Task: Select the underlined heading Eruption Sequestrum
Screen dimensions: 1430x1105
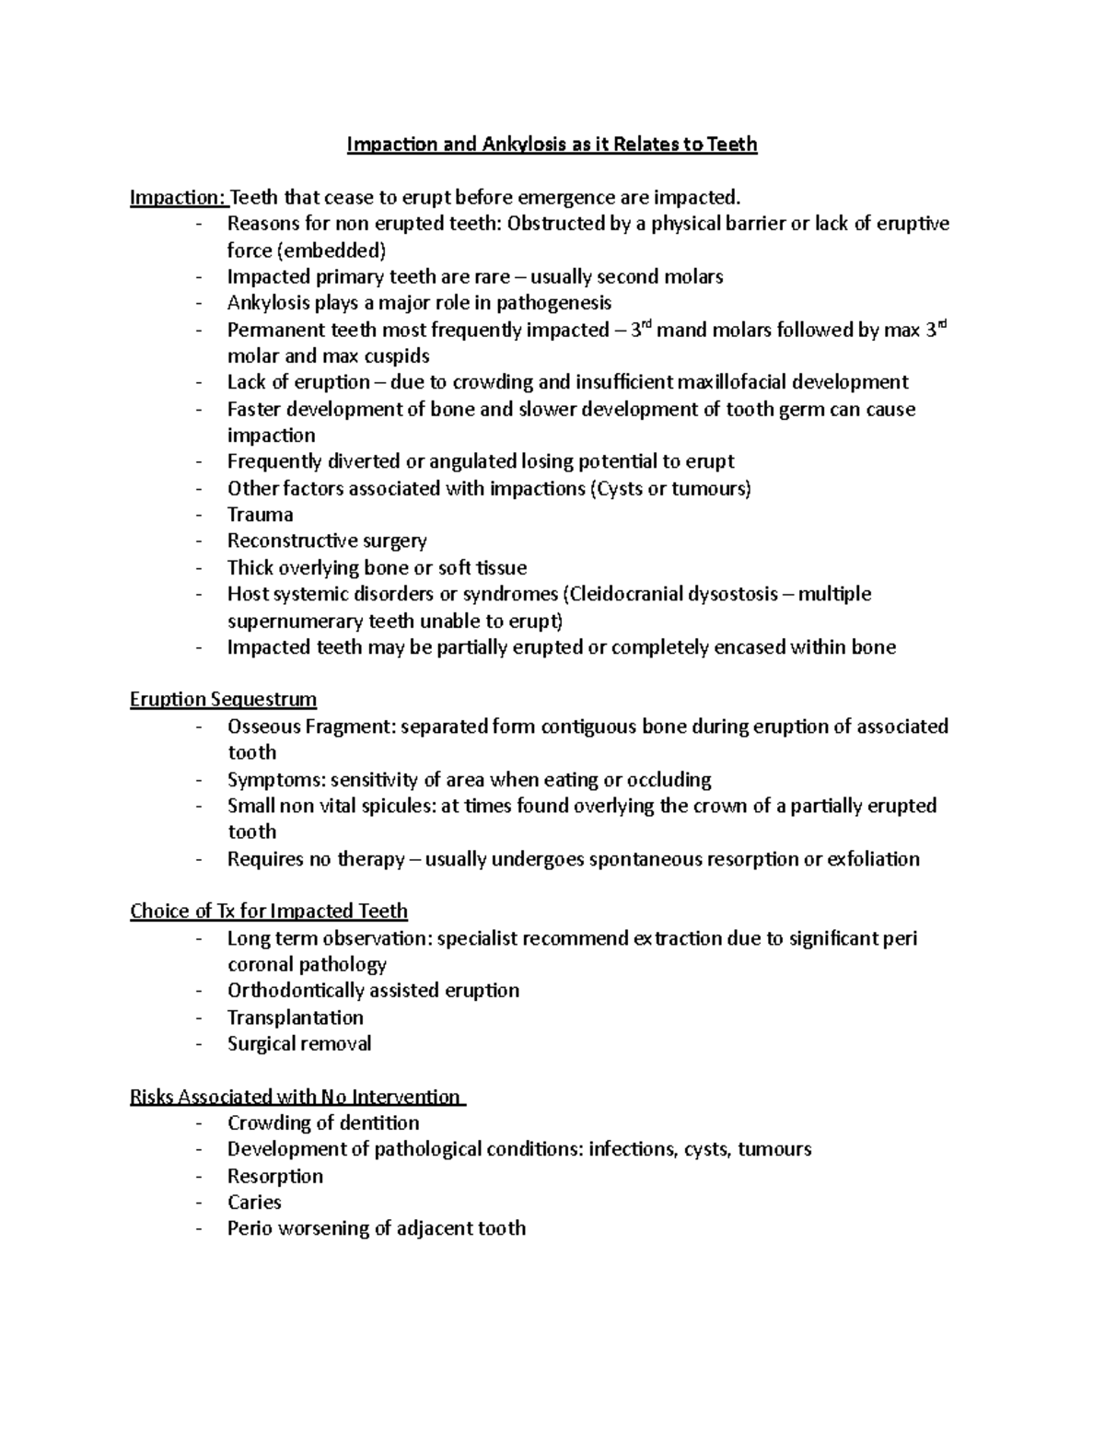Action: pyautogui.click(x=223, y=700)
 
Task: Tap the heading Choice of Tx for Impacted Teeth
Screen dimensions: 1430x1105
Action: pyautogui.click(x=268, y=912)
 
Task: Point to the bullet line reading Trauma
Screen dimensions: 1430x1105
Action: pyautogui.click(x=260, y=515)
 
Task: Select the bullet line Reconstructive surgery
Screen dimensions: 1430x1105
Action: pyautogui.click(x=327, y=541)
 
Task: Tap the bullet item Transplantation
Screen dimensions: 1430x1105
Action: pyautogui.click(x=295, y=1017)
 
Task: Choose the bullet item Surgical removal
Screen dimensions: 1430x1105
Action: pyautogui.click(x=299, y=1044)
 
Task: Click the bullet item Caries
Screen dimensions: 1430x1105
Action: pyautogui.click(x=254, y=1203)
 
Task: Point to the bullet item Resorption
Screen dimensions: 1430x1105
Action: pyautogui.click(x=274, y=1177)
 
